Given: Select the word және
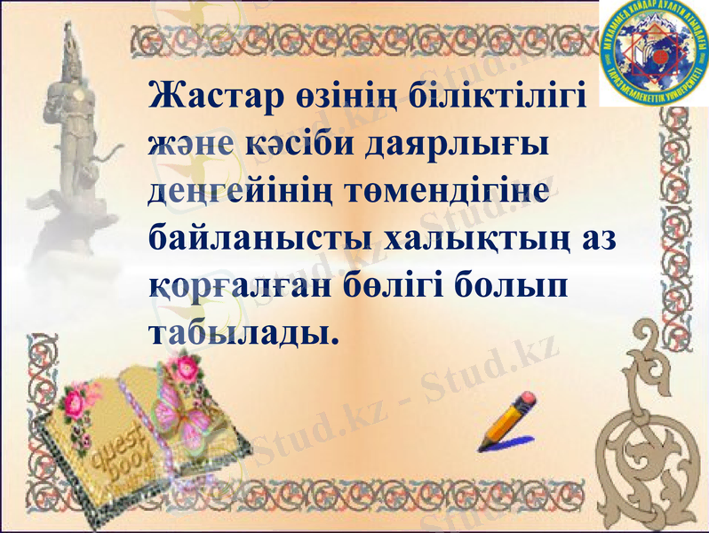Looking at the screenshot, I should pyautogui.click(x=189, y=144).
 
